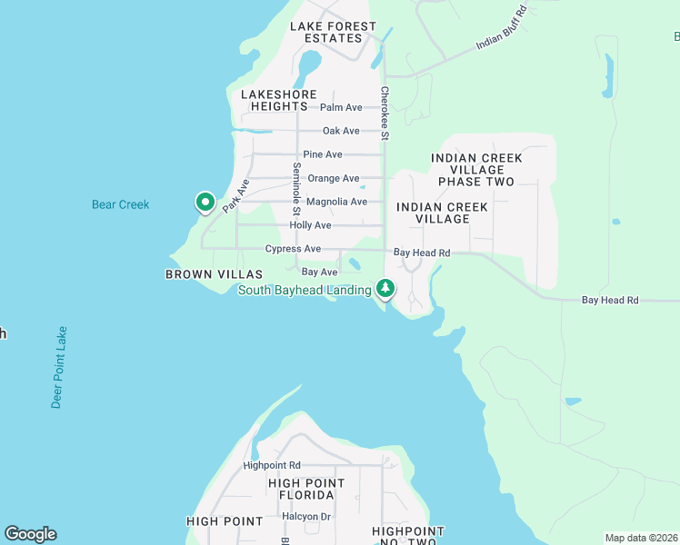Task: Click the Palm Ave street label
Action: click(x=341, y=107)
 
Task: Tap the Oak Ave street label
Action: click(x=341, y=131)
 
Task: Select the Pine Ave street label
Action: click(x=323, y=154)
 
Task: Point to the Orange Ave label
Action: click(x=333, y=178)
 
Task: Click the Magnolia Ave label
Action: click(x=336, y=202)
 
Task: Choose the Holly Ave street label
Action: click(x=310, y=225)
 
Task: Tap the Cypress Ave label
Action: click(x=293, y=249)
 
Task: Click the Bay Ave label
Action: click(x=318, y=272)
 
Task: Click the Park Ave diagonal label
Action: click(x=236, y=196)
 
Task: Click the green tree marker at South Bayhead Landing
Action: click(x=386, y=289)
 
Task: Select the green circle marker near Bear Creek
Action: click(x=205, y=202)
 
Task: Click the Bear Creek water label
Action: click(x=120, y=204)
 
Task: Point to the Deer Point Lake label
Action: click(x=58, y=368)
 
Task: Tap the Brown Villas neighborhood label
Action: click(x=214, y=273)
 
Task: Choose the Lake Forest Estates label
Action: click(x=333, y=33)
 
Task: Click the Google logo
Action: click(x=30, y=534)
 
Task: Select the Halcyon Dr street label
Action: click(x=306, y=516)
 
